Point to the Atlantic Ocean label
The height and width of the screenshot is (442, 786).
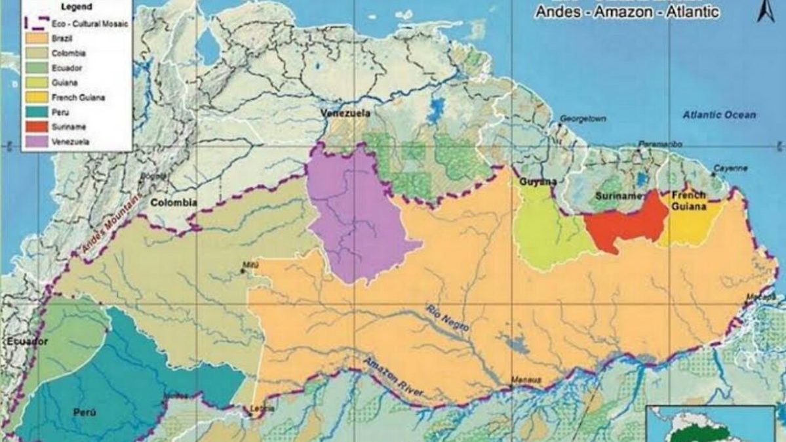tap(718, 115)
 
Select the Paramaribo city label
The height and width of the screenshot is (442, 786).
tap(659, 144)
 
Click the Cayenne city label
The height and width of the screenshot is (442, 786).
tap(730, 169)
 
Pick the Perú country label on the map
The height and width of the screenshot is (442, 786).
tap(85, 412)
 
